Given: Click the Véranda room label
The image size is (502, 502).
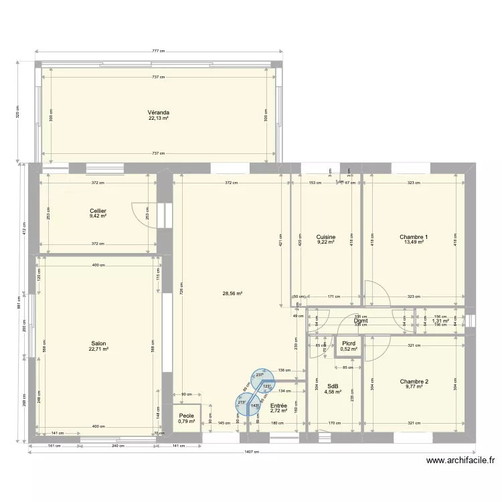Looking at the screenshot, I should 159,112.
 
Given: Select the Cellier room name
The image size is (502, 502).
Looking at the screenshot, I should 98,211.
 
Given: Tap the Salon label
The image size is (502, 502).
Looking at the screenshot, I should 98,343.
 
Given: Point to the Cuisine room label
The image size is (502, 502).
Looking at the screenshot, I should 325,237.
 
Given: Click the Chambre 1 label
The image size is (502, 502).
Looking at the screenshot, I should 414,237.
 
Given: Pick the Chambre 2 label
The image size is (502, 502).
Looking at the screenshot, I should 414,381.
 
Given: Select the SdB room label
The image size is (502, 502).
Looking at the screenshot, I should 333,386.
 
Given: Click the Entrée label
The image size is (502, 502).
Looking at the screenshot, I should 278,406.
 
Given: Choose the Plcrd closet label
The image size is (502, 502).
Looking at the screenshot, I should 349,343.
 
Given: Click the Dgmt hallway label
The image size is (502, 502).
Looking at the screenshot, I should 361,321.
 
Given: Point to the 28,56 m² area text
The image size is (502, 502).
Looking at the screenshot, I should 232,293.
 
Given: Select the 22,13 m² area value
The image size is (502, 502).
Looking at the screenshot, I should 159,118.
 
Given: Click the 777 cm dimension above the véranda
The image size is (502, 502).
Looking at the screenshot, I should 158,51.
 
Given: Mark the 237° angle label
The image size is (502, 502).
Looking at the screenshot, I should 260,375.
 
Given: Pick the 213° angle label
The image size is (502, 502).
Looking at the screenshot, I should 241,403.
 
